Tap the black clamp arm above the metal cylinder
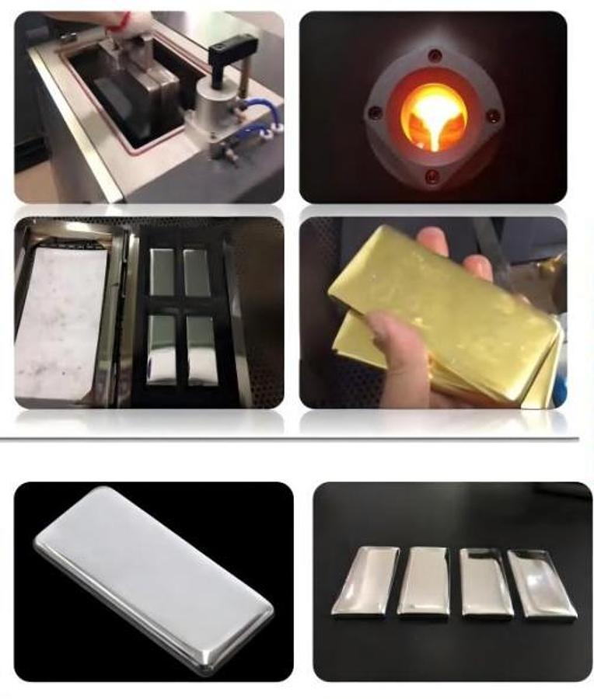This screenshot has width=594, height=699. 232,51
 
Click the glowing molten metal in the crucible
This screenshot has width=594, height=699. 433,116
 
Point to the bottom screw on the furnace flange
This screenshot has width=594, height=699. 432,176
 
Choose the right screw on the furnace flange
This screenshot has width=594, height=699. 492,116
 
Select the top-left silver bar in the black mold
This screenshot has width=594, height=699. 162,273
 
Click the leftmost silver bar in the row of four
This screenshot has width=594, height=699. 365,582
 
